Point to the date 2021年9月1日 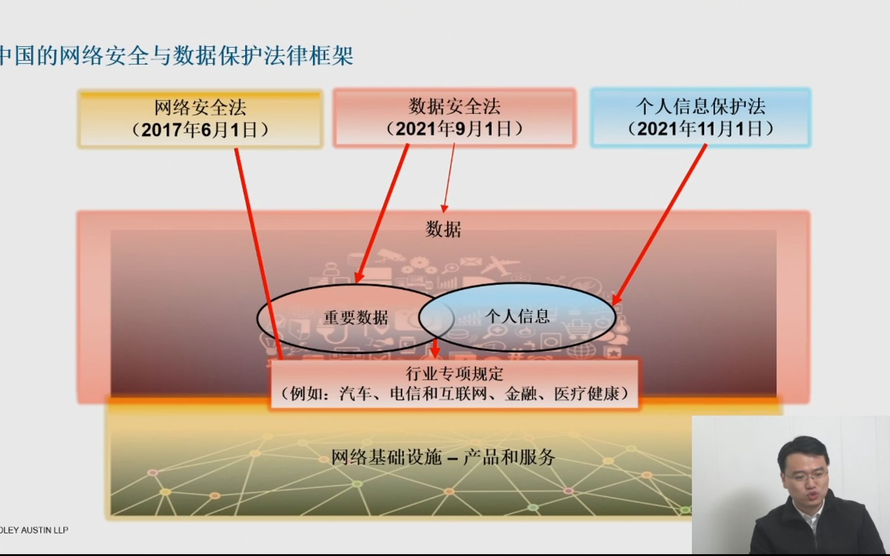(454, 129)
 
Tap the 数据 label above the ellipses (443, 229)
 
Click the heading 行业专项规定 (454, 374)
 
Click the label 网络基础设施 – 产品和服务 (443, 457)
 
